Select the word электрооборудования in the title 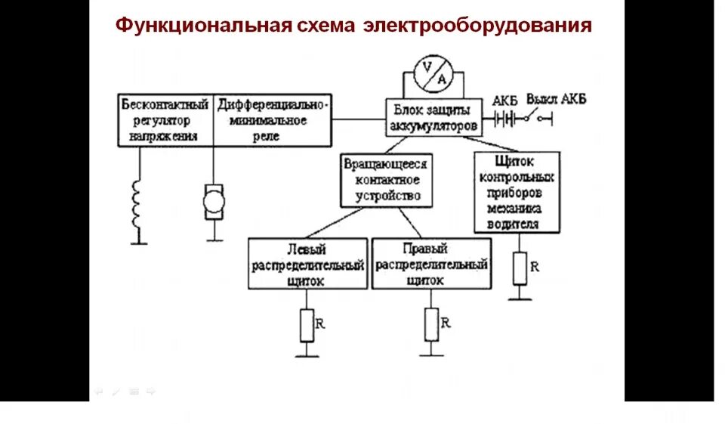[x=477, y=26]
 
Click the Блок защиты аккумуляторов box [x=434, y=118]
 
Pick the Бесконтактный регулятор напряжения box [x=165, y=119]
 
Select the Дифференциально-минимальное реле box [x=272, y=119]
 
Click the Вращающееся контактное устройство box [x=387, y=181]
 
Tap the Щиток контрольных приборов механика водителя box [x=517, y=192]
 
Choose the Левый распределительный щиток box [x=307, y=264]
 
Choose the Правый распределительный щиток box [x=431, y=264]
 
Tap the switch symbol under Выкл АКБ [x=538, y=116]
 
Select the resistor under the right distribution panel [x=431, y=325]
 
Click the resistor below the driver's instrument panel [x=520, y=268]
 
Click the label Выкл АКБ [x=557, y=100]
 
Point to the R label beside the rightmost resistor [x=535, y=266]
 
